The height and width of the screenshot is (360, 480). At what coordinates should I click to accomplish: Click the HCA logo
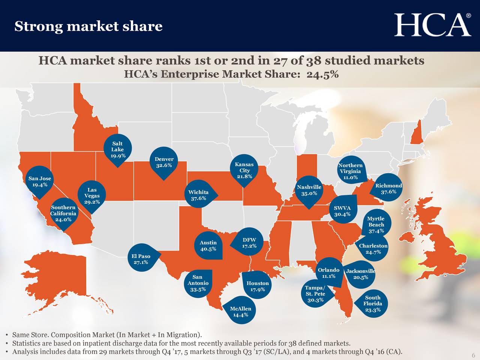(x=432, y=25)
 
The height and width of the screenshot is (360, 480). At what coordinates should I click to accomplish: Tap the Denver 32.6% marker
(x=163, y=163)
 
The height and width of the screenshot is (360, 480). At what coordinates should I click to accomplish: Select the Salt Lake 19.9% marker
(x=117, y=150)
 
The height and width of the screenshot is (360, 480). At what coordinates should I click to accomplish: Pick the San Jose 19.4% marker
(x=40, y=181)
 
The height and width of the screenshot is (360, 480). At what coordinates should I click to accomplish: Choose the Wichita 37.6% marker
(x=198, y=195)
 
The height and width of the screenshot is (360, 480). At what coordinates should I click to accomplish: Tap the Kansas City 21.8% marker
(x=244, y=170)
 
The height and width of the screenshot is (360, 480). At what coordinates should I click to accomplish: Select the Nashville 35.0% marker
(x=309, y=190)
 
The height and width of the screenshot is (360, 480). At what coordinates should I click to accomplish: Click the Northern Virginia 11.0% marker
(x=350, y=171)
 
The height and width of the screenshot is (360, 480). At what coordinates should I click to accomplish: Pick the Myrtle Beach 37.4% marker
(x=376, y=224)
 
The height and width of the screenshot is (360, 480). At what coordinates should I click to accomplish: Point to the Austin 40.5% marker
(x=208, y=246)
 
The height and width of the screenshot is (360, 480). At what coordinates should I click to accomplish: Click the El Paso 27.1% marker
(x=141, y=259)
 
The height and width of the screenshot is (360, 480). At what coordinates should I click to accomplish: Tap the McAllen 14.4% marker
(x=240, y=311)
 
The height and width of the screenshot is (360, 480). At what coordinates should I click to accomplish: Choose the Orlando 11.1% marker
(x=328, y=273)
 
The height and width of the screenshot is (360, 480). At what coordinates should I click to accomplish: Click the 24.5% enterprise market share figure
(x=322, y=74)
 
